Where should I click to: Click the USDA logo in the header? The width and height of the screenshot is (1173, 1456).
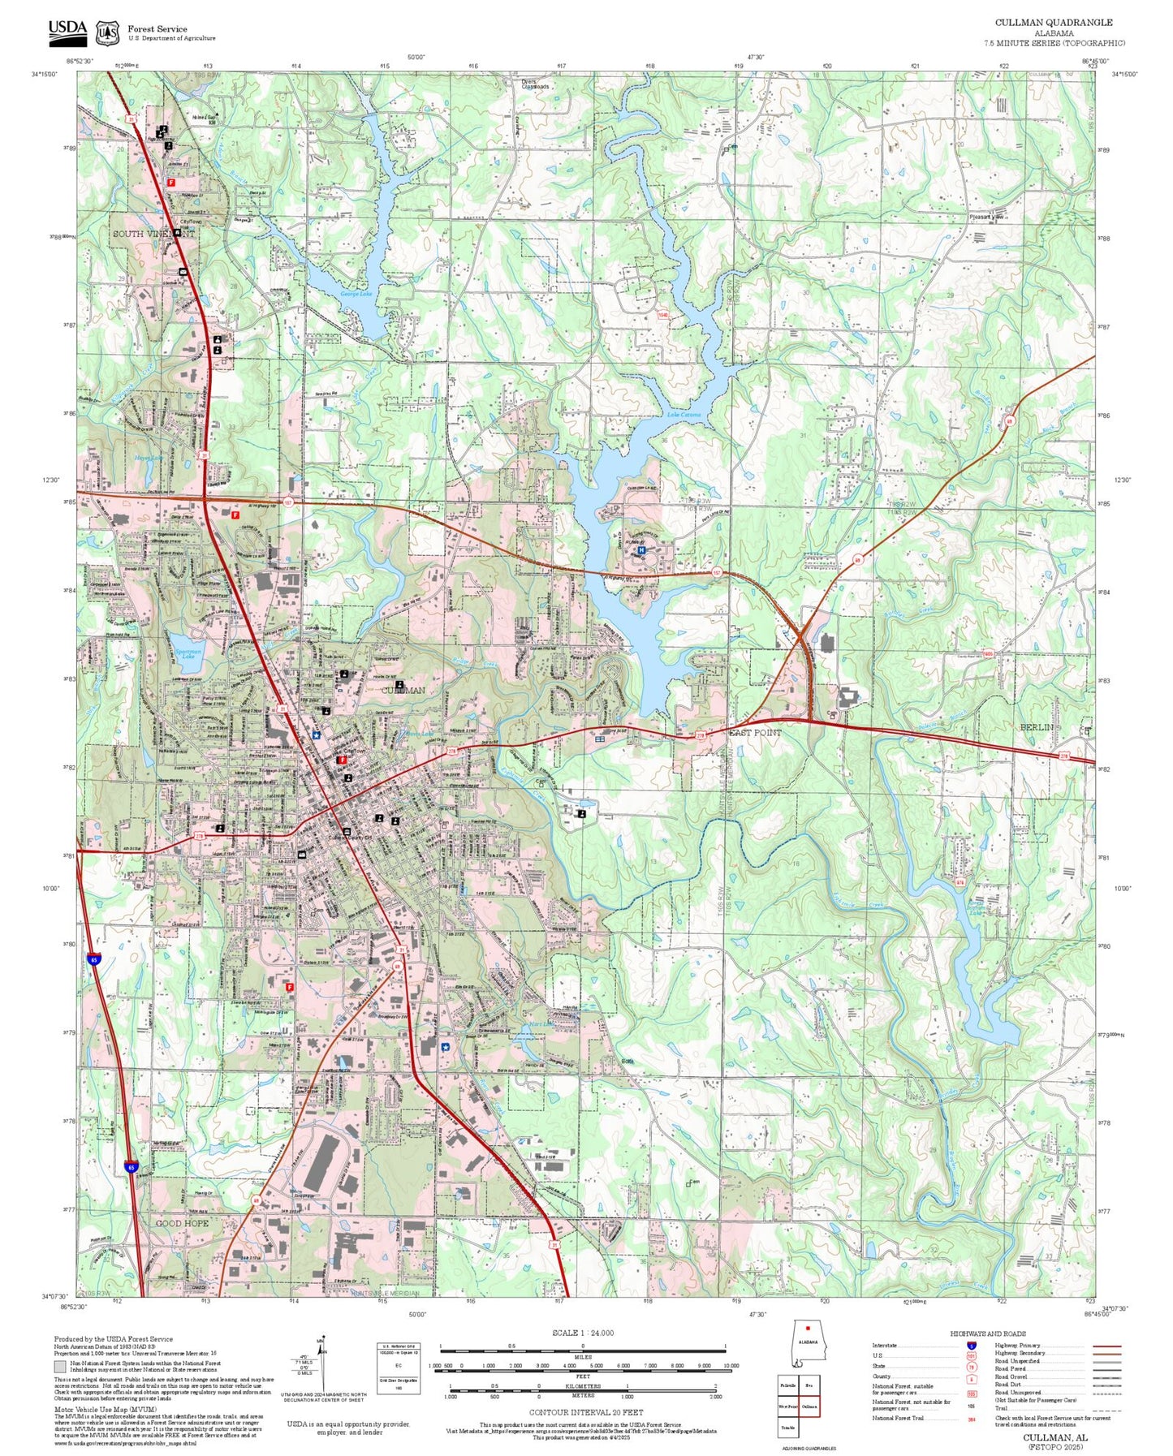click(67, 31)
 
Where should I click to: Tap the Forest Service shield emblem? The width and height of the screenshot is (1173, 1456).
click(106, 32)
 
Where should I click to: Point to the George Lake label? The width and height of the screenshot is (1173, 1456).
click(356, 294)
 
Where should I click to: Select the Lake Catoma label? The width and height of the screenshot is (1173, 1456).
click(684, 415)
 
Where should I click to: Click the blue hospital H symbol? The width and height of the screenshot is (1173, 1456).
click(641, 550)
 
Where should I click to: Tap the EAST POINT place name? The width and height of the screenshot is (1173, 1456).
click(755, 732)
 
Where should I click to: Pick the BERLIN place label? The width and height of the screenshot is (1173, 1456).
click(1036, 727)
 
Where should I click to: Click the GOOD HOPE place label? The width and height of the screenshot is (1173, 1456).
click(182, 1222)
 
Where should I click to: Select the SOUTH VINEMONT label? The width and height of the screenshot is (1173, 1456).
click(153, 234)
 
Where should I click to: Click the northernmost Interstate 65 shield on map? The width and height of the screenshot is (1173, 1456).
click(94, 959)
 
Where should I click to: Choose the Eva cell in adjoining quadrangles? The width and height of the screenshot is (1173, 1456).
click(809, 1385)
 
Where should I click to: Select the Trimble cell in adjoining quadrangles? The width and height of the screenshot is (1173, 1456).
click(787, 1427)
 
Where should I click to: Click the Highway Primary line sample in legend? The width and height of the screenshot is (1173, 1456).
click(1106, 1346)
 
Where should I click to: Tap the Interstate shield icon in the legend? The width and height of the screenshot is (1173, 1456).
click(971, 1346)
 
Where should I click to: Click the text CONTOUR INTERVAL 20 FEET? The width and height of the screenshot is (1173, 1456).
click(586, 1413)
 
